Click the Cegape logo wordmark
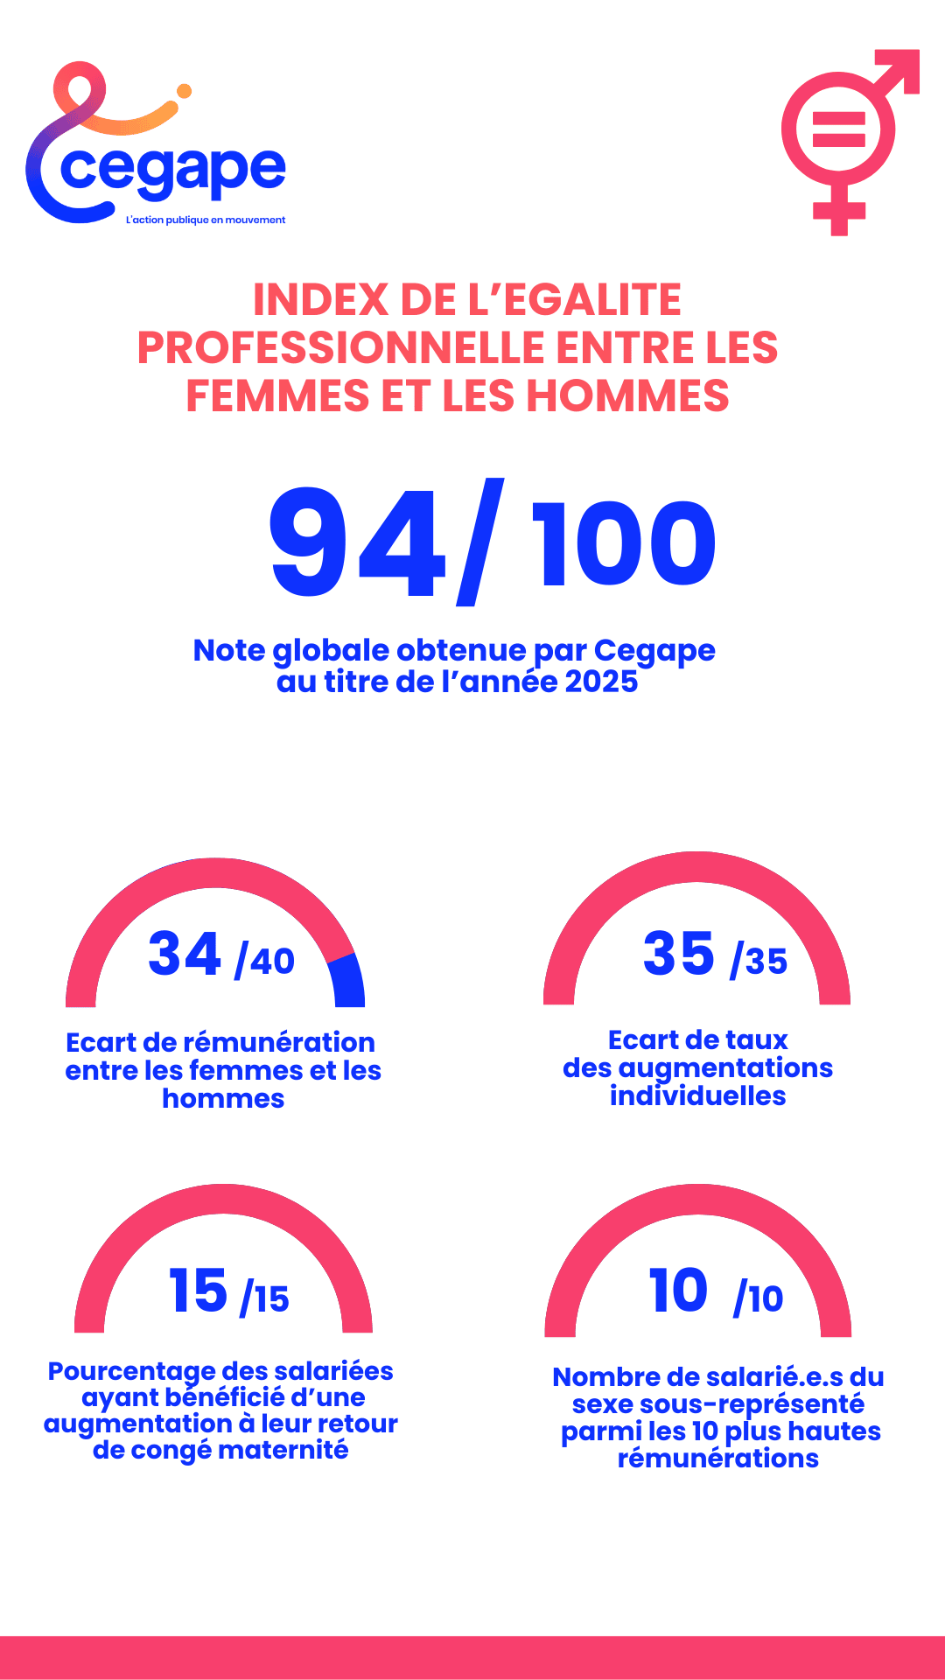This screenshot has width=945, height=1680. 173,170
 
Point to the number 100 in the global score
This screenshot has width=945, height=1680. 624,544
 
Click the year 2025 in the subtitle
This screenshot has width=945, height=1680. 600,682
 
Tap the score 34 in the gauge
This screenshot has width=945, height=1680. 184,954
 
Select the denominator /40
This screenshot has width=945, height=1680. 265,961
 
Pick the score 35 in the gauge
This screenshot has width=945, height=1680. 679,954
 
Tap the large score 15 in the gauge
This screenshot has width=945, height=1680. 198,1291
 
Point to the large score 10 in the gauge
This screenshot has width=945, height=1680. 678,1291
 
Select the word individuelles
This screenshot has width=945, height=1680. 697,1096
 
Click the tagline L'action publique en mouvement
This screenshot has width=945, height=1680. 206,220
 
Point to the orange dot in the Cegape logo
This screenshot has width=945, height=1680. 184,91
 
